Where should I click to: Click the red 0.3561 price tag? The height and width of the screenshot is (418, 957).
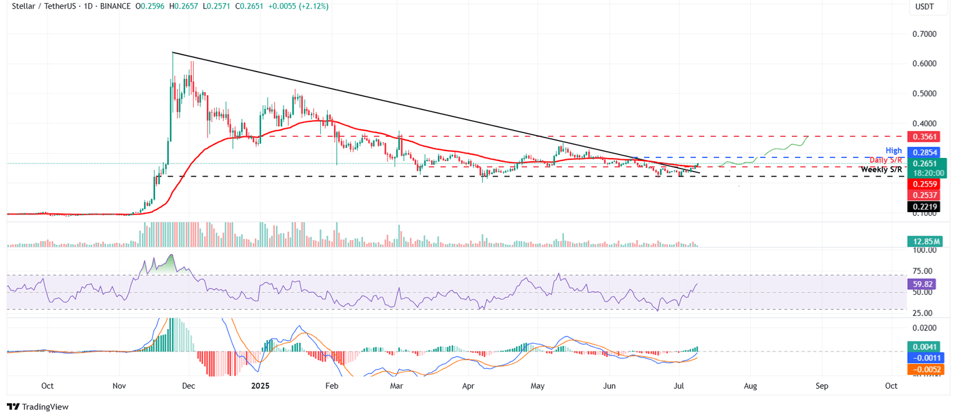click(926, 136)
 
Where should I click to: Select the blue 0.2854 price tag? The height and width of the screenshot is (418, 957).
click(926, 152)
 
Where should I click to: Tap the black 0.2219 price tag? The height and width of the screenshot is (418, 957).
click(926, 207)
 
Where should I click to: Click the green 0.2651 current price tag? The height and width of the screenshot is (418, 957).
click(926, 163)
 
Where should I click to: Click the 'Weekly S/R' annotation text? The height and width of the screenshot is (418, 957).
click(880, 169)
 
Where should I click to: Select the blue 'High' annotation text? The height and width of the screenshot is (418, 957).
click(894, 151)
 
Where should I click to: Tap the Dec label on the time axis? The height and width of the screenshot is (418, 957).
click(189, 386)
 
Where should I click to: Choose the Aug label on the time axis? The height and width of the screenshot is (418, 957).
click(750, 386)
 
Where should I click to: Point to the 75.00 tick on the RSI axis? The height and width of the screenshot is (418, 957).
click(923, 271)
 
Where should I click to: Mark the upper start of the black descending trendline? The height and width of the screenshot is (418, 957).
click(173, 52)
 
